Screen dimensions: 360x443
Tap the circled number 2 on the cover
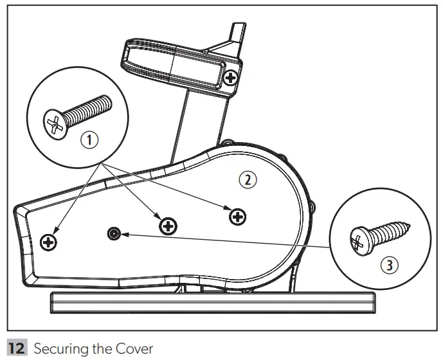(x=248, y=180)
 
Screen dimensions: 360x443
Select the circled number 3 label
(x=385, y=265)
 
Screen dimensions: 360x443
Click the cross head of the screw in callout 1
(x=55, y=123)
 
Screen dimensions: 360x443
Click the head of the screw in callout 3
(x=358, y=242)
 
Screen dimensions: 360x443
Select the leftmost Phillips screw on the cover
(x=48, y=242)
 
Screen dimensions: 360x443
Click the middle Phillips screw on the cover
(x=168, y=225)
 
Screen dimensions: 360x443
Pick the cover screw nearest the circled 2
(x=238, y=217)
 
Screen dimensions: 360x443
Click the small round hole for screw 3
(x=114, y=233)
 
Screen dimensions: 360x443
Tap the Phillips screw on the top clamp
(x=231, y=78)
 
